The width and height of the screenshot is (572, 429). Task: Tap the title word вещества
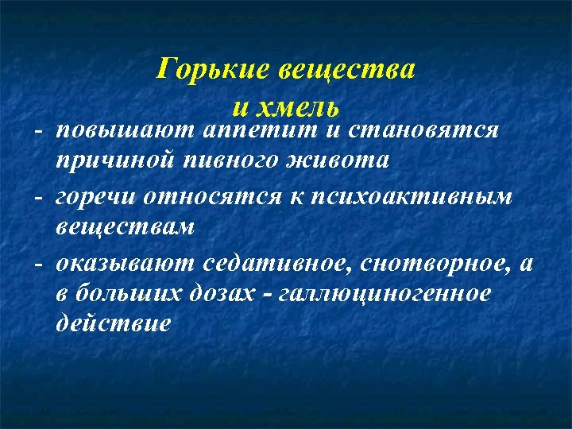click(x=346, y=70)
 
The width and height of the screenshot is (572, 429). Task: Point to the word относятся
click(x=210, y=195)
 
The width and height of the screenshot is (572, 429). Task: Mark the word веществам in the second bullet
click(x=126, y=228)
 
